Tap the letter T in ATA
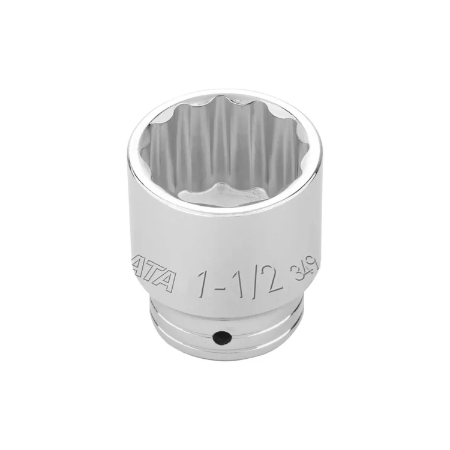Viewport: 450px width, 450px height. point(155,280)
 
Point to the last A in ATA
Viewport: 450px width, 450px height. point(168,281)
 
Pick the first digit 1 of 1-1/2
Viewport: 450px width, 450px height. point(203,281)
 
